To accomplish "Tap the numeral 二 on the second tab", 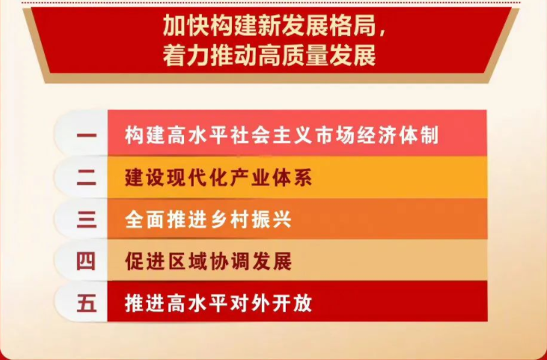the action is [87, 178].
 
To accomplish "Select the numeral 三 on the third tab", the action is [87, 220].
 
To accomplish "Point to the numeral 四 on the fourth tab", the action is [86, 261].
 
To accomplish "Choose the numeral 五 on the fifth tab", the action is [87, 303].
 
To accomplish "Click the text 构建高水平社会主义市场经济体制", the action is [281, 135].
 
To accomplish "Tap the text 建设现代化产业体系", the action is [219, 178].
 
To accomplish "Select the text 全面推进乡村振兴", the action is [208, 220].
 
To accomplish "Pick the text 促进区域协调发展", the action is [208, 261].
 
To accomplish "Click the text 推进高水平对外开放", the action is [219, 303].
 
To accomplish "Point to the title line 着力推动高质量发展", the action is [269, 56].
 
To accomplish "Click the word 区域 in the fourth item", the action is [187, 261].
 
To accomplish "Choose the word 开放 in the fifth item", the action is [292, 303].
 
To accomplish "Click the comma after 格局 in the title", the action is [382, 32].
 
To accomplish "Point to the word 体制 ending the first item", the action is [418, 135].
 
